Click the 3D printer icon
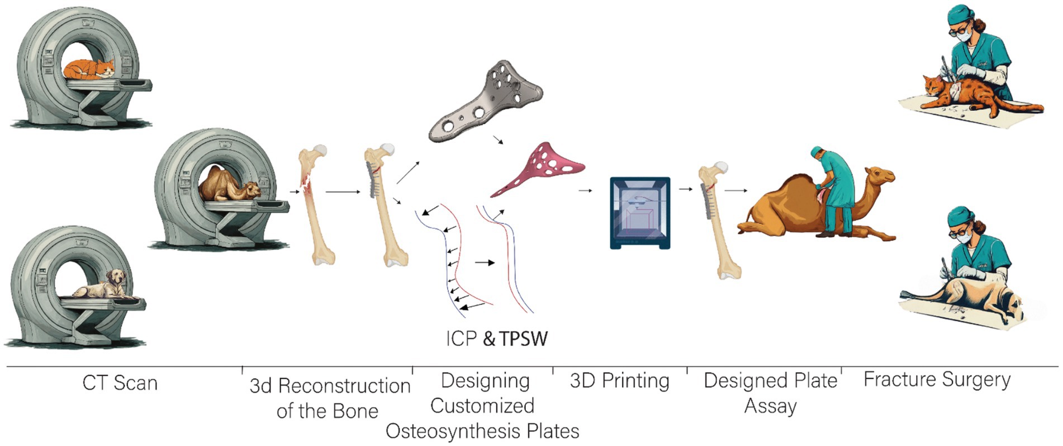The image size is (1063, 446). click(x=639, y=213)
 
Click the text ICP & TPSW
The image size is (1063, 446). click(x=496, y=339)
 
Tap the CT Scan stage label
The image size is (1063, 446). click(x=120, y=383)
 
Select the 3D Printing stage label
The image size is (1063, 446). click(x=619, y=381)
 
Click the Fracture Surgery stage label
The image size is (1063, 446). click(x=937, y=379)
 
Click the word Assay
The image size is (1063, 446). click(x=770, y=406)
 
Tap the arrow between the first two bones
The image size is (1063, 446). click(x=343, y=192)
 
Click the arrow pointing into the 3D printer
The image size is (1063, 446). click(x=585, y=191)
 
